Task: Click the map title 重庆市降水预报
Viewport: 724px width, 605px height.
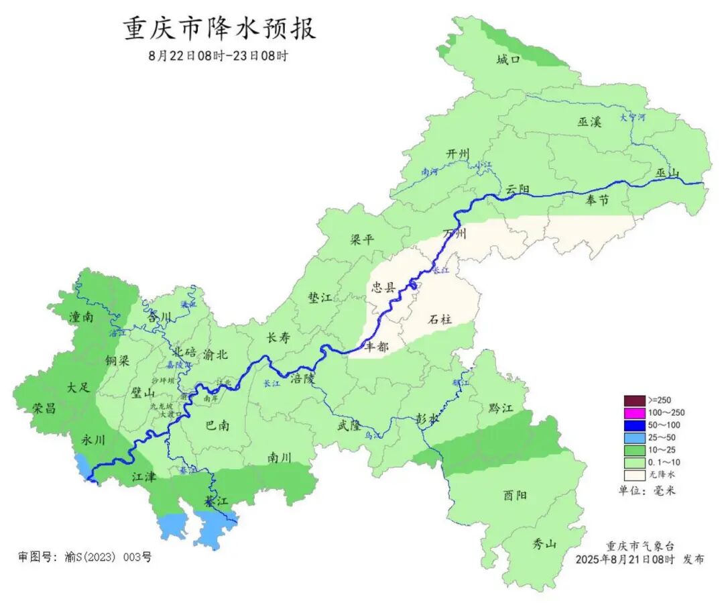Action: pyautogui.click(x=219, y=29)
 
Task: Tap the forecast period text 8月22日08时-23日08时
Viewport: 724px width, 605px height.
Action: pyautogui.click(x=218, y=56)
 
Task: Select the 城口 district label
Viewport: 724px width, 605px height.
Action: pyautogui.click(x=508, y=60)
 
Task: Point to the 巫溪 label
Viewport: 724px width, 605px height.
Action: pyautogui.click(x=589, y=122)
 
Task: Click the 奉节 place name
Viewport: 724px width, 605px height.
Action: pyautogui.click(x=597, y=200)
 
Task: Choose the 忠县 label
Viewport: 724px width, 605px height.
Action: pyautogui.click(x=384, y=288)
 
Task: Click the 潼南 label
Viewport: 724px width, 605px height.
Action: pyautogui.click(x=80, y=317)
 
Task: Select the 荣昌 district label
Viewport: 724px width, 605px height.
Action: pyautogui.click(x=44, y=408)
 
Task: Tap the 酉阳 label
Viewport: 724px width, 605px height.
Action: pyautogui.click(x=515, y=495)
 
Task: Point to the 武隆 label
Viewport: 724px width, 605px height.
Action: pyautogui.click(x=349, y=425)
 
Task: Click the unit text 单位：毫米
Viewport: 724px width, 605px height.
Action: pyautogui.click(x=647, y=490)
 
